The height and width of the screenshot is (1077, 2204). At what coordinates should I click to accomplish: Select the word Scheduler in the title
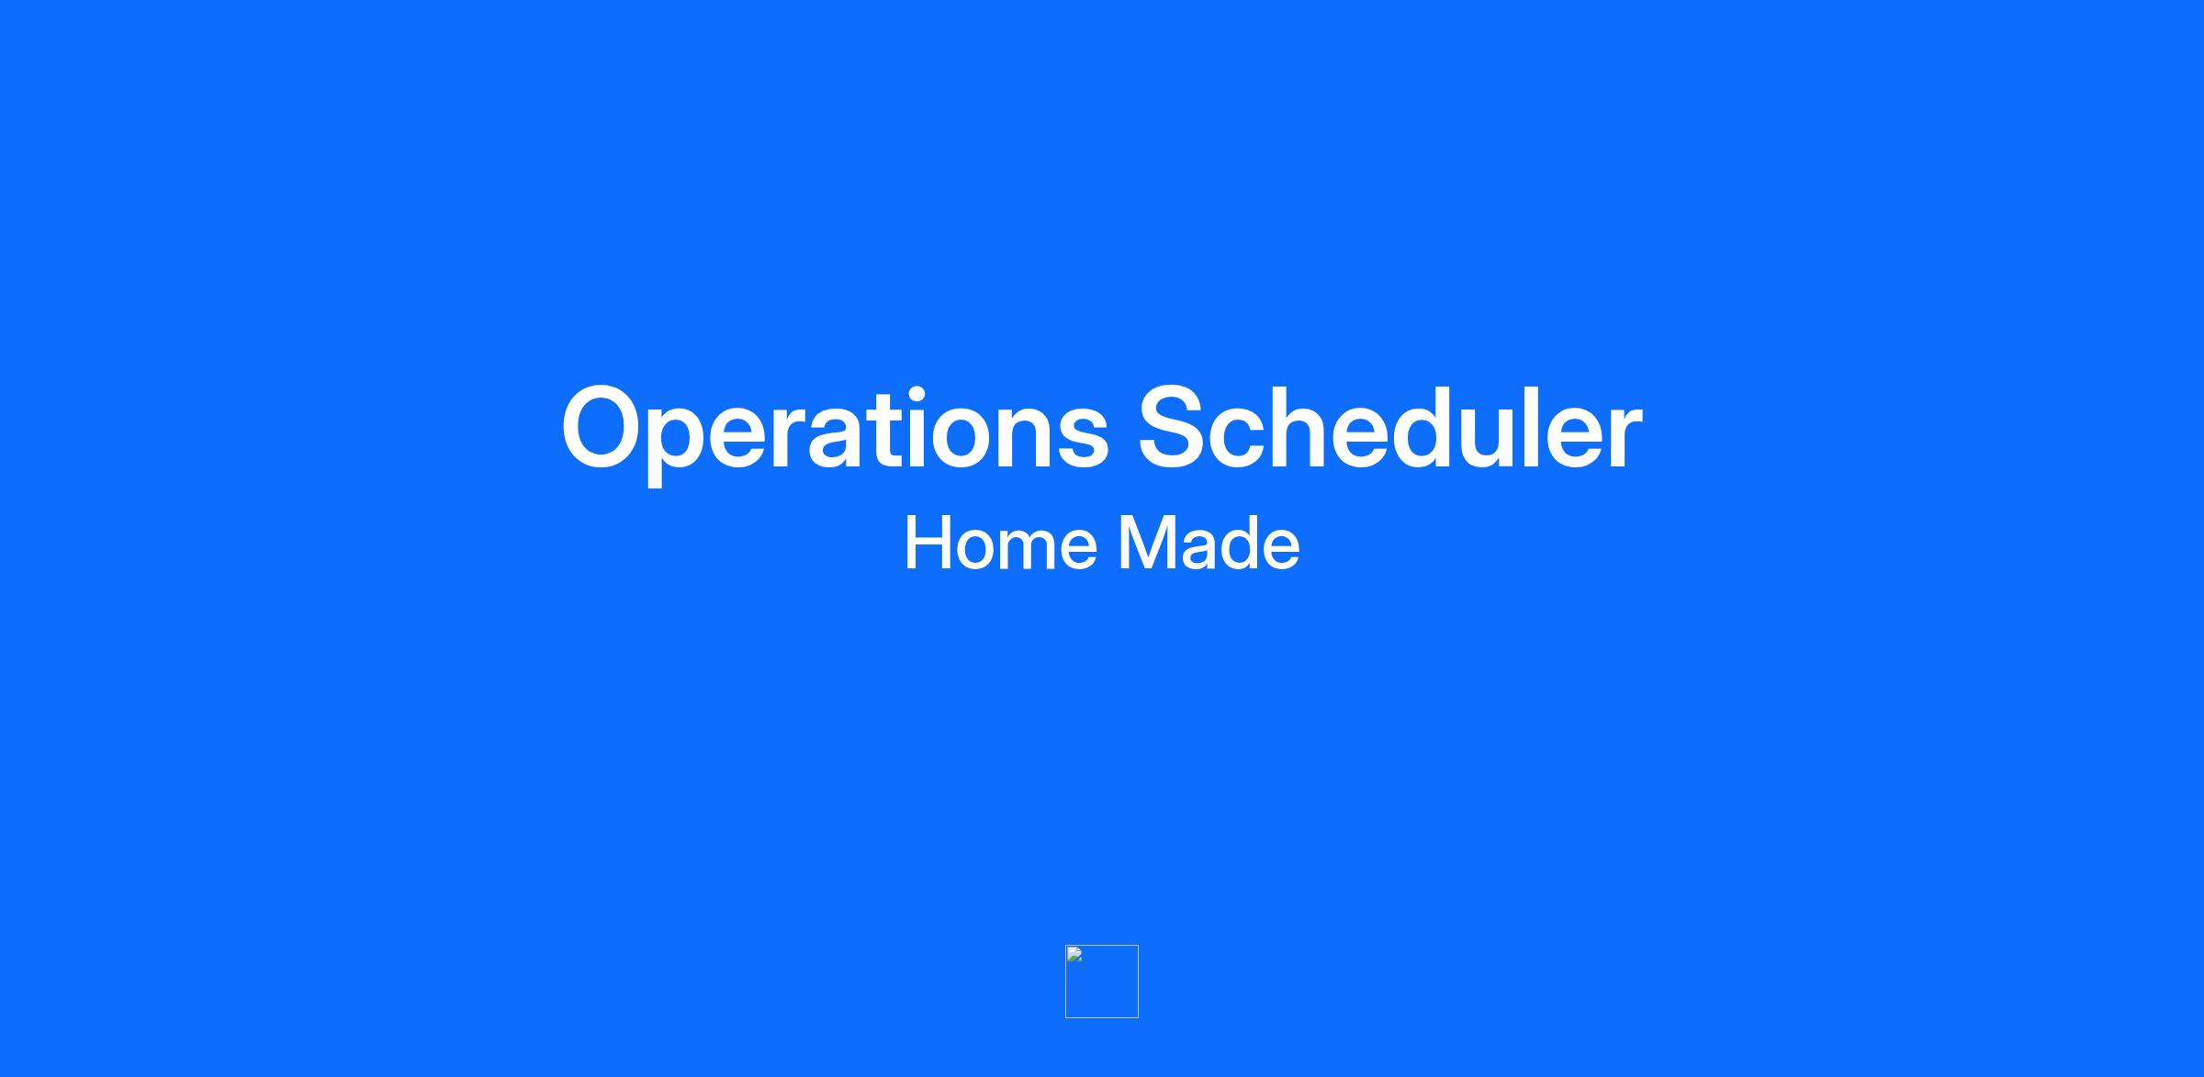coord(1390,426)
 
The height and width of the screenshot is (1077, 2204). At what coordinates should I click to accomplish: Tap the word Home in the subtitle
coord(1001,544)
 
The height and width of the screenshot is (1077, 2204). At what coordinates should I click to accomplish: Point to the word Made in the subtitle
coord(1209,544)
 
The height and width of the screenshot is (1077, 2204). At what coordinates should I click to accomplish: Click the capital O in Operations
coord(607,426)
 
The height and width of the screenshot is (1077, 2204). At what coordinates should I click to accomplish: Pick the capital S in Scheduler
coord(1177,426)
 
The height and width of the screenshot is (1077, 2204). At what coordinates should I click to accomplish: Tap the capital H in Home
coord(928,544)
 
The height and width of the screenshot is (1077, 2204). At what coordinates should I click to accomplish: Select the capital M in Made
coord(1148,544)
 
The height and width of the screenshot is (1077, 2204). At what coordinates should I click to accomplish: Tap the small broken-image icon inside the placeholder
coord(1074,954)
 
